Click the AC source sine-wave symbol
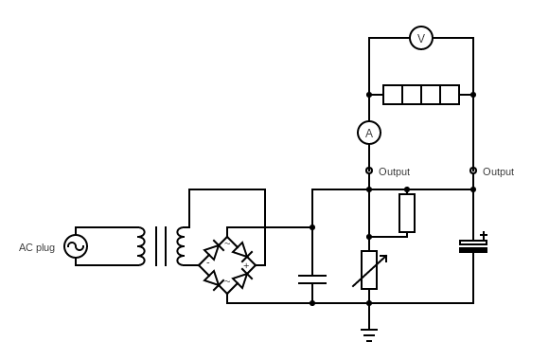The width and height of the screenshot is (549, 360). tap(76, 246)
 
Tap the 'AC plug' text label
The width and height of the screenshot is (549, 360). tap(37, 247)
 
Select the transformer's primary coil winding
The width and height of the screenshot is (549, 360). tap(141, 246)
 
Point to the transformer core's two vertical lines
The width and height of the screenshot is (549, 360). tap(161, 246)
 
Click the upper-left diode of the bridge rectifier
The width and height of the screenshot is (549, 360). tap(214, 251)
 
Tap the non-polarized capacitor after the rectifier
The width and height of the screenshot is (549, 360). tap(312, 279)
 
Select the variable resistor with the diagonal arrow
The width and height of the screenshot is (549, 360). tap(369, 270)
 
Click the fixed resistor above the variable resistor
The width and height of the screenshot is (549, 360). tap(407, 213)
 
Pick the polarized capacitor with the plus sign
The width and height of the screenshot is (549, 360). tap(473, 246)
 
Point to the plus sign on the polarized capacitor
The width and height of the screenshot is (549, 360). tap(484, 235)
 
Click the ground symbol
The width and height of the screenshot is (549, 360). tap(369, 334)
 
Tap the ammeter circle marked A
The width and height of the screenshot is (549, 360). tap(369, 133)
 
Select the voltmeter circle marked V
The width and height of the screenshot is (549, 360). tap(421, 38)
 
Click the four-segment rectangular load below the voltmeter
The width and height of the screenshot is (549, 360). tap(421, 95)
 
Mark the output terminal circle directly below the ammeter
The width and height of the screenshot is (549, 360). tap(369, 171)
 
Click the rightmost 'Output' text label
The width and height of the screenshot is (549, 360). tap(498, 171)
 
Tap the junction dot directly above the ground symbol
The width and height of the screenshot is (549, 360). tap(369, 303)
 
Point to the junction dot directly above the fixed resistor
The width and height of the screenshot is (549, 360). tap(407, 189)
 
